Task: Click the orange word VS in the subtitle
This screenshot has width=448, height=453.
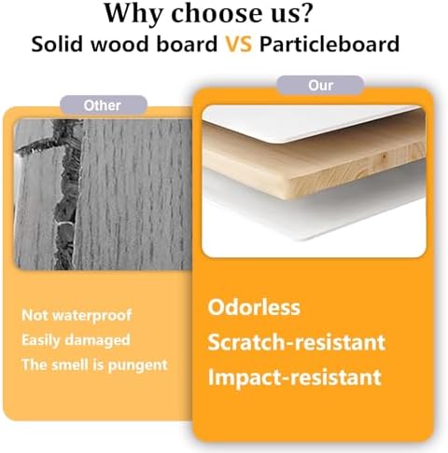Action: pyautogui.click(x=238, y=44)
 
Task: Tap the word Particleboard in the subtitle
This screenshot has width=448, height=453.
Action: pyautogui.click(x=329, y=44)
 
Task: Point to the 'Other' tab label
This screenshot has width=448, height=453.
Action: pyautogui.click(x=102, y=105)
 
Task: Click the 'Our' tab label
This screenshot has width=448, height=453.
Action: pyautogui.click(x=320, y=86)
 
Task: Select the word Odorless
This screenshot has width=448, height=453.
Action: pyautogui.click(x=254, y=308)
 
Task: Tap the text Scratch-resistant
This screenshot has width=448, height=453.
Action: pyautogui.click(x=297, y=342)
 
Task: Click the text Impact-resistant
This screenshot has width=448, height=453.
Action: pyautogui.click(x=294, y=377)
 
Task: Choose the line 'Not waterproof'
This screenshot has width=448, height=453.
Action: pyautogui.click(x=77, y=315)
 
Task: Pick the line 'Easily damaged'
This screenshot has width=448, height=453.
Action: pyautogui.click(x=76, y=340)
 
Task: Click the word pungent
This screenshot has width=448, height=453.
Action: pyautogui.click(x=138, y=365)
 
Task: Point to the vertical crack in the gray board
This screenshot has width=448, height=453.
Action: pyautogui.click(x=66, y=199)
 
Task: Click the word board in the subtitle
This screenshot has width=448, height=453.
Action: pyautogui.click(x=187, y=44)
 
